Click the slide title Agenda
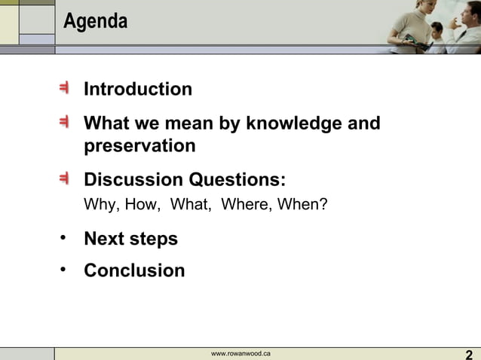pyautogui.click(x=95, y=22)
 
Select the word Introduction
pyautogui.click(x=138, y=90)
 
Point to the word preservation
pyautogui.click(x=139, y=145)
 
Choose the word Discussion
pyautogui.click(x=133, y=180)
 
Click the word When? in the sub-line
pyautogui.click(x=302, y=205)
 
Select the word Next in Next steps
pyautogui.click(x=104, y=239)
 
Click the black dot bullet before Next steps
pyautogui.click(x=64, y=238)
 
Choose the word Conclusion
pyautogui.click(x=134, y=270)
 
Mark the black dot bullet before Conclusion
pyautogui.click(x=64, y=269)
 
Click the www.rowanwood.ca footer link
pyautogui.click(x=240, y=354)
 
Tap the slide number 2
pyautogui.click(x=469, y=355)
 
